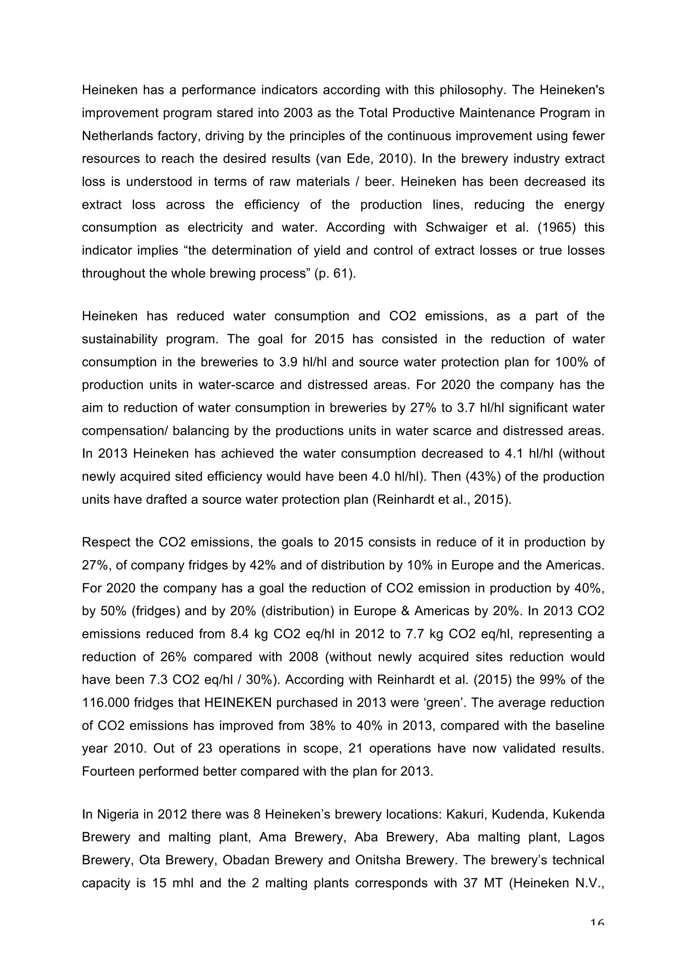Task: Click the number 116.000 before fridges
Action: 106,702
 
